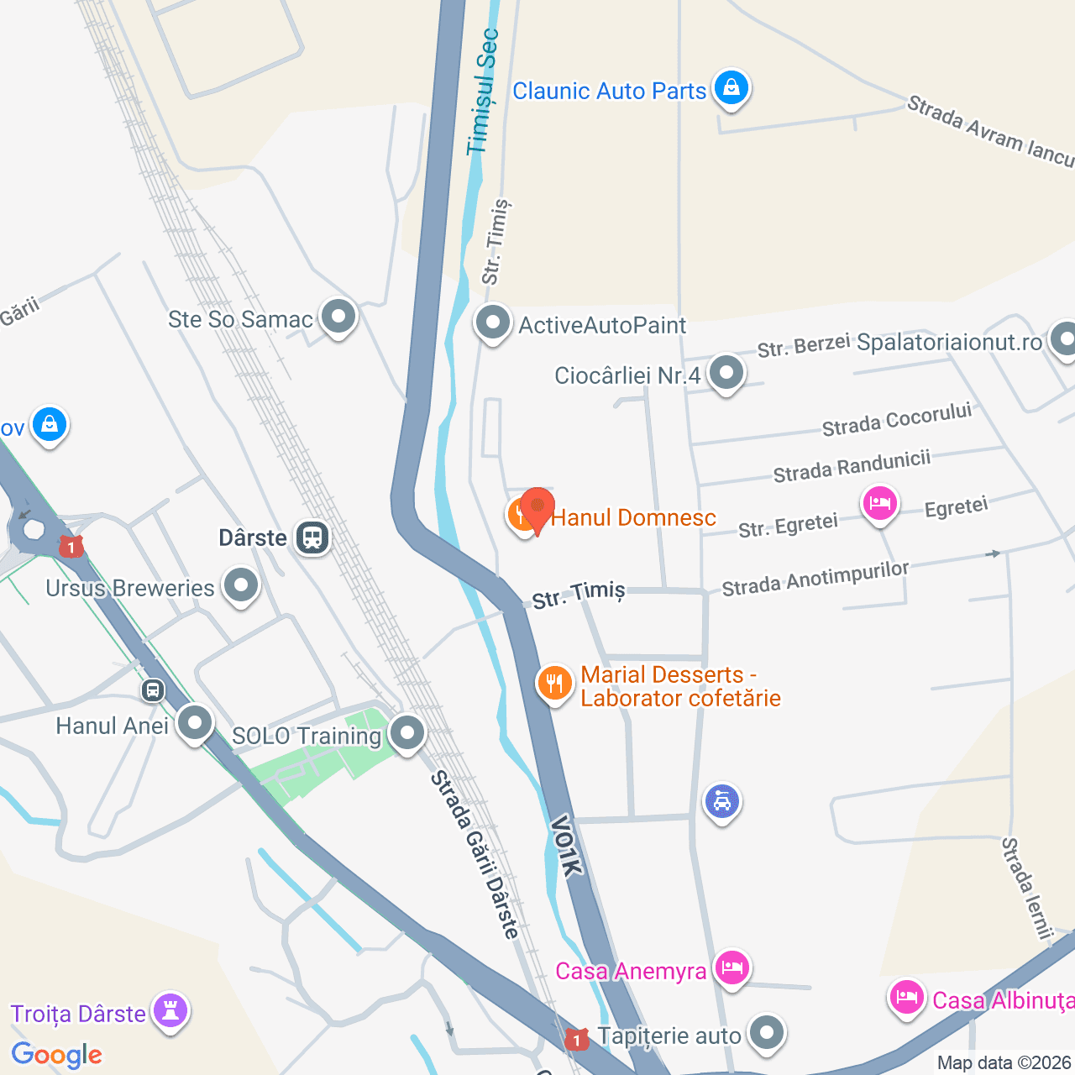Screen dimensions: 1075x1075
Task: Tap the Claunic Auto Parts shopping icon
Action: click(x=731, y=88)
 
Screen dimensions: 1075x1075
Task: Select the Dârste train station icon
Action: click(x=312, y=537)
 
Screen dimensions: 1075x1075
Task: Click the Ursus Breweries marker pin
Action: click(x=241, y=585)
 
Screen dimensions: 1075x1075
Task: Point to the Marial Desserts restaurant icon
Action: click(x=554, y=684)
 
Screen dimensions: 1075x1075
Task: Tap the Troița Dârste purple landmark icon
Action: click(x=170, y=1012)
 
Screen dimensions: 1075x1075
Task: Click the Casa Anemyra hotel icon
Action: click(x=732, y=968)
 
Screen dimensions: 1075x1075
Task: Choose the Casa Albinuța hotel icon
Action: click(x=906, y=999)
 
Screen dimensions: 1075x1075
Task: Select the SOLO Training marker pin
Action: click(x=407, y=733)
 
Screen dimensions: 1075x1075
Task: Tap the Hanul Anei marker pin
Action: click(x=195, y=722)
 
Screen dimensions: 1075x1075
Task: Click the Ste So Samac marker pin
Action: click(x=338, y=317)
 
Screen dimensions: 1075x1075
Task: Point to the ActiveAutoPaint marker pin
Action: click(x=493, y=322)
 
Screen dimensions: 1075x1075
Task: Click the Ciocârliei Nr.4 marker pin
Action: click(x=726, y=372)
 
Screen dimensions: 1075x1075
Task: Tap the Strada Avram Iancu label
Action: click(x=990, y=131)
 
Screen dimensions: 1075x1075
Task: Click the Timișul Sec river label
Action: click(x=483, y=92)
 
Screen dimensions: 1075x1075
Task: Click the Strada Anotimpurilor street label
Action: click(x=815, y=579)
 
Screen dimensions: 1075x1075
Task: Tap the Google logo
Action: click(x=56, y=1055)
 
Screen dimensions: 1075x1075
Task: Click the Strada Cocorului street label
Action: click(x=896, y=419)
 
